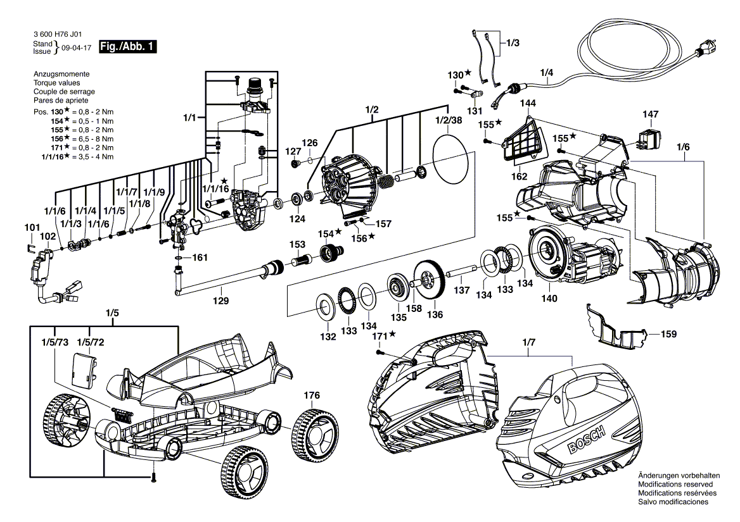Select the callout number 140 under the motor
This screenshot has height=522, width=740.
[x=549, y=298]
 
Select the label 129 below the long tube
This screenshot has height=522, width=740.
[x=220, y=301]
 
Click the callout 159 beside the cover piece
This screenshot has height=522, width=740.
[x=669, y=333]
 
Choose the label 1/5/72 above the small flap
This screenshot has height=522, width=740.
[x=90, y=342]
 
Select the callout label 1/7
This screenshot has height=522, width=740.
[x=528, y=342]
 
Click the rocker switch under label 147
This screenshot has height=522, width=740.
[x=649, y=138]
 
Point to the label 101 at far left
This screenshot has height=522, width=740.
[x=31, y=227]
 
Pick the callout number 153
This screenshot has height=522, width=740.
[x=298, y=244]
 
